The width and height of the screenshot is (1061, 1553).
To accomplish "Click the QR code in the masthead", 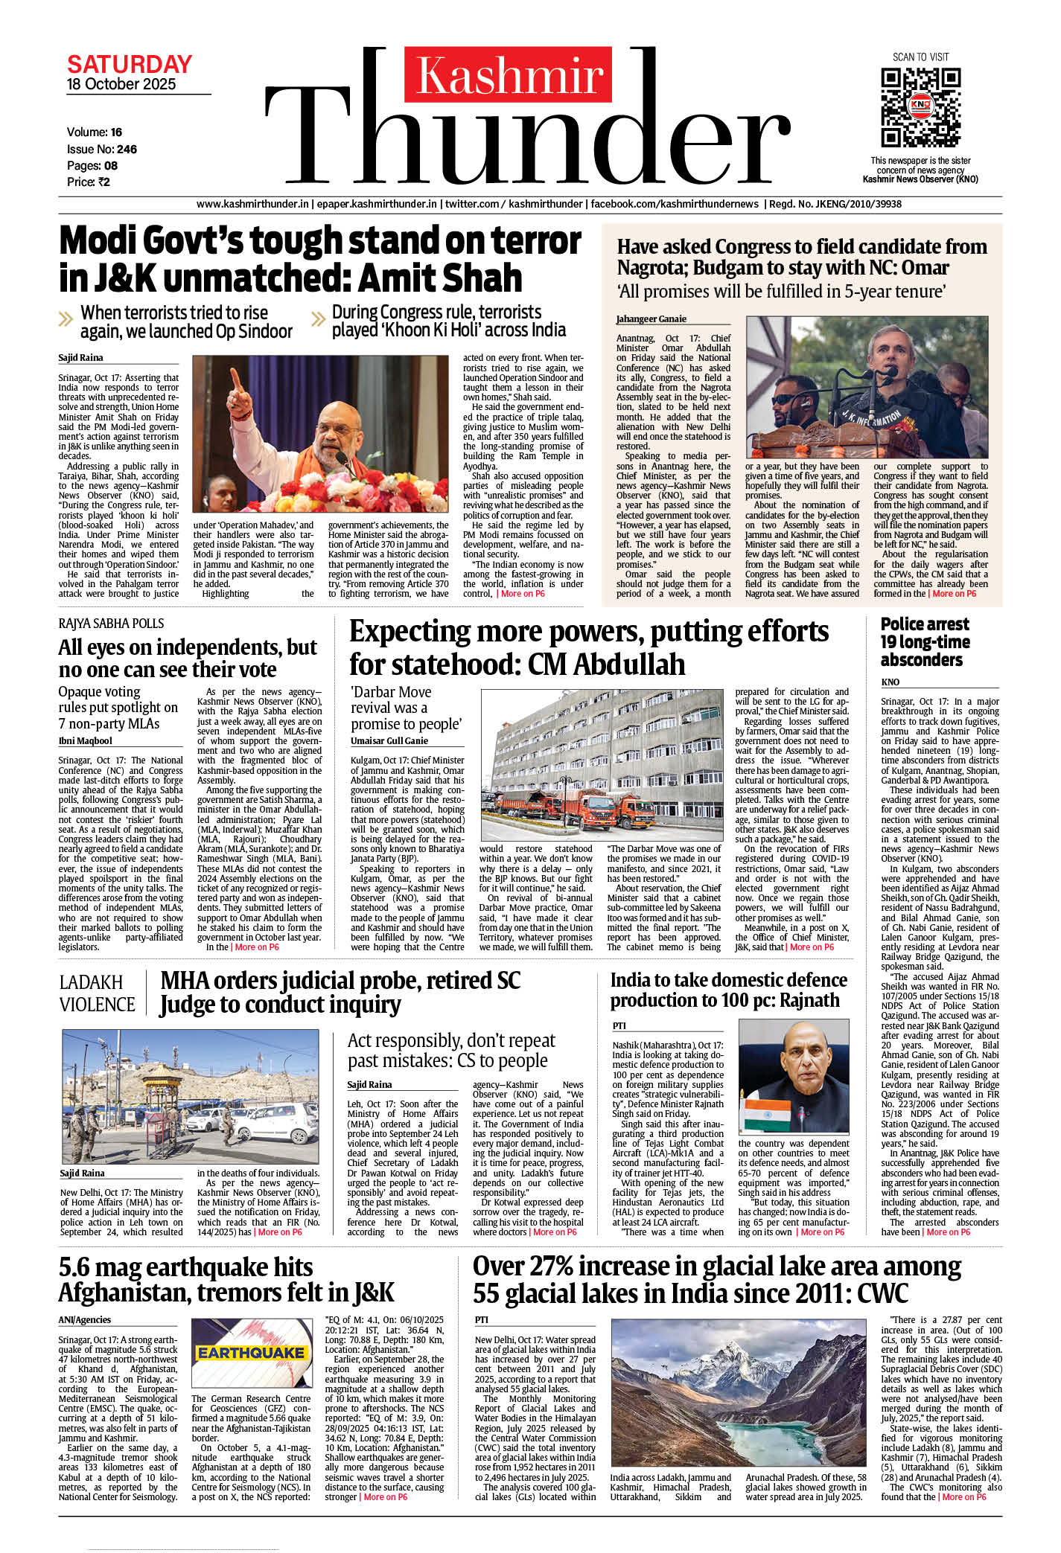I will [920, 108].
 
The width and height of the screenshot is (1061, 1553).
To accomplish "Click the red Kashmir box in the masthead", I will [509, 75].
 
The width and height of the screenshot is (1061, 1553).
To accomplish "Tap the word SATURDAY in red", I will [130, 64].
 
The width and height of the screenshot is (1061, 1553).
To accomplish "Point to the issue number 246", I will [127, 149].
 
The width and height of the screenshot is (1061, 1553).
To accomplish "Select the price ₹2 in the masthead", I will [103, 182].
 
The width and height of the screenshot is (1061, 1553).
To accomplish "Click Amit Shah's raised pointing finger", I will [236, 377].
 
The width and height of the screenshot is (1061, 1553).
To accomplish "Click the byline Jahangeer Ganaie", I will [651, 318].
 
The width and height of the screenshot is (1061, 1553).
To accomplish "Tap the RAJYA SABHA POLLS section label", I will [111, 624].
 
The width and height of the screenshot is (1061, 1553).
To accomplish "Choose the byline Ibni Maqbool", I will [85, 740].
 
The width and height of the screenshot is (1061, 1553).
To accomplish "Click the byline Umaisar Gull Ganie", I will [389, 740].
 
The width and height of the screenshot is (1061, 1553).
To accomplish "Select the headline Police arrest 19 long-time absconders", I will [925, 641].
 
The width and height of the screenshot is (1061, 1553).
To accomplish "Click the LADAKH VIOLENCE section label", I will [97, 993].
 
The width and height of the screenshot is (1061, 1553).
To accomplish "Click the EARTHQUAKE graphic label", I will [251, 1352].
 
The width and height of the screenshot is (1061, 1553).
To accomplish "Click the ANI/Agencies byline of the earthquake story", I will [85, 1319].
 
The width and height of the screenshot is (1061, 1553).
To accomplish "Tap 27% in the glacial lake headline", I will [549, 1266].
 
